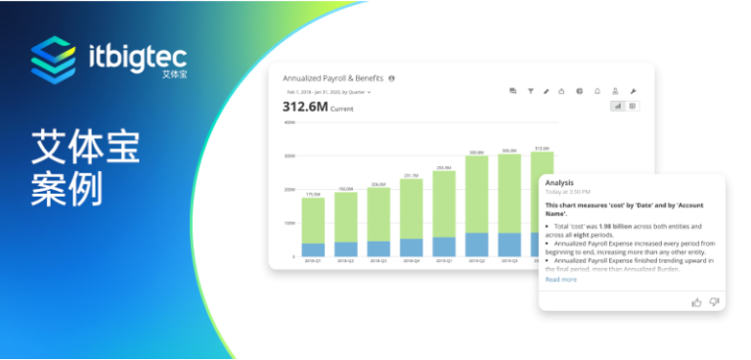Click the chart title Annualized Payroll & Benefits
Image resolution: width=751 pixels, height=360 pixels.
tap(332, 77)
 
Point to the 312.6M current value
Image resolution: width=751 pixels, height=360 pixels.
tap(305, 106)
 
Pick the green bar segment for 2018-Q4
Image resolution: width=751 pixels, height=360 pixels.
tap(412, 208)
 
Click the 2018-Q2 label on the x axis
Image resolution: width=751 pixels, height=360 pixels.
tap(346, 261)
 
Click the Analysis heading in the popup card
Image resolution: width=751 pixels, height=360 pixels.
tap(559, 183)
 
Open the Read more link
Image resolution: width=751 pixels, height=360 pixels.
tap(560, 280)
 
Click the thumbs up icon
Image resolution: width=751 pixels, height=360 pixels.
tap(696, 301)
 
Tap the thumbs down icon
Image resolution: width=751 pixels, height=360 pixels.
tap(714, 301)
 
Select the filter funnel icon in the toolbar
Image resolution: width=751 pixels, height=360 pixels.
tap(530, 91)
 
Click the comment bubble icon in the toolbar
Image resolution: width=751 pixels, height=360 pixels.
tap(512, 91)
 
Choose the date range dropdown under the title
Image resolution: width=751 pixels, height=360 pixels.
tap(328, 92)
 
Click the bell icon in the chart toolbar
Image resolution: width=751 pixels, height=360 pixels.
tap(597, 91)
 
